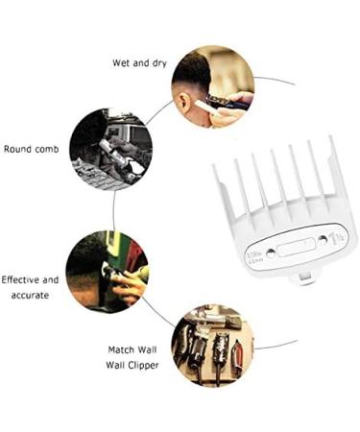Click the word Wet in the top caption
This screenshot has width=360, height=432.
click(x=119, y=63)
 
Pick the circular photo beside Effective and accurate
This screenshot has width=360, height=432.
click(x=107, y=271)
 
